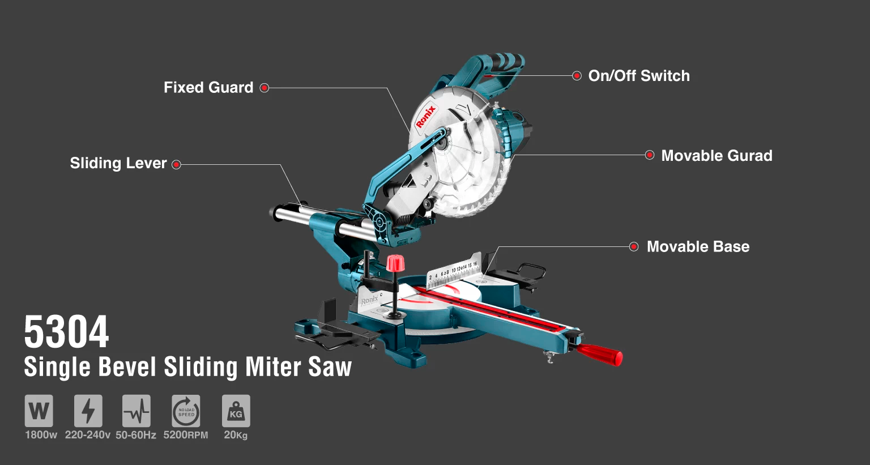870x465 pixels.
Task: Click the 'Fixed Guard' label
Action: [208, 87]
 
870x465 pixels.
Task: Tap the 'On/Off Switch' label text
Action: [639, 76]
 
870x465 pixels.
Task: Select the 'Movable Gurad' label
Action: [717, 155]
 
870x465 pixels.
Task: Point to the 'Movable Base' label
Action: [698, 247]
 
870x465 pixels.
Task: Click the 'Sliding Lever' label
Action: [118, 163]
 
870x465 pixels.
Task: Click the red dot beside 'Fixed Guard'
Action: [265, 88]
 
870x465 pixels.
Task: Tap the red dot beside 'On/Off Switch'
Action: [577, 76]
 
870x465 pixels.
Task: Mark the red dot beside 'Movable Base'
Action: [633, 247]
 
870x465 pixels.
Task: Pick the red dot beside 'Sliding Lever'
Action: [176, 165]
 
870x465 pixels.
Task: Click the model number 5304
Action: [66, 332]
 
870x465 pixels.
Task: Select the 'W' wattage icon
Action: [39, 411]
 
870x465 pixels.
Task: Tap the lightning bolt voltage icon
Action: [88, 411]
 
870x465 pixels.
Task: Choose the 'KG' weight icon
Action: [236, 411]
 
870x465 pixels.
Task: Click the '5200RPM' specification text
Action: [186, 435]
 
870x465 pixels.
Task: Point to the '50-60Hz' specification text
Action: [136, 435]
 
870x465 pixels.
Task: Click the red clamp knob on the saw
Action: [395, 263]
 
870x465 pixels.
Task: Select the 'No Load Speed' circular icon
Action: [186, 411]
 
